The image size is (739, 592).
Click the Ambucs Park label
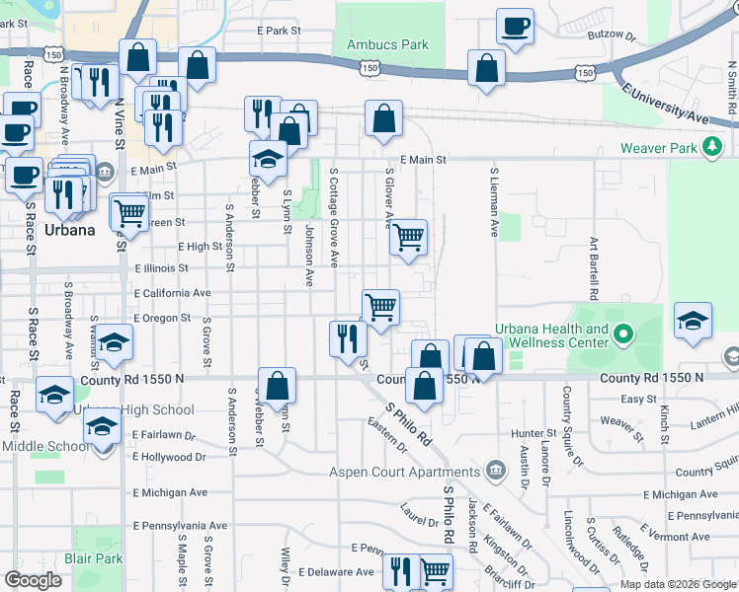(387, 44)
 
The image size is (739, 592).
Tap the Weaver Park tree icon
(711, 149)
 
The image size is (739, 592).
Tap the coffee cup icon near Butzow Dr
(514, 27)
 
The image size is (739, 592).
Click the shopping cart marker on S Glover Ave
(408, 237)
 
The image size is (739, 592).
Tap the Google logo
(32, 580)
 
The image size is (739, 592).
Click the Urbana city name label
(69, 230)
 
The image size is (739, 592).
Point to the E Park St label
(279, 31)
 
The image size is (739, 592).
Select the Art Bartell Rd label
(594, 267)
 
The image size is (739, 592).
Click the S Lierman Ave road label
(494, 202)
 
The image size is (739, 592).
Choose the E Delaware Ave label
(336, 571)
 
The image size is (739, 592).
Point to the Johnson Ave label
(309, 255)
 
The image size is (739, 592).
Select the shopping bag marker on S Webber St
(278, 384)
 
